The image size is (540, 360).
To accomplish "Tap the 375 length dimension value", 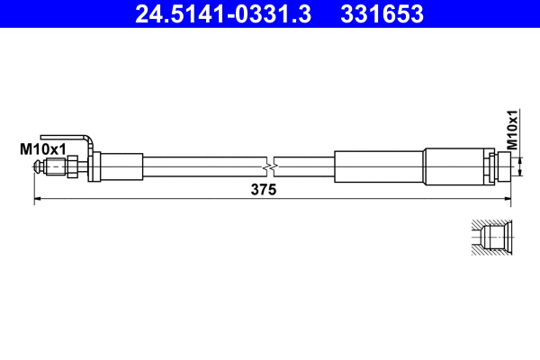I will [x=263, y=190].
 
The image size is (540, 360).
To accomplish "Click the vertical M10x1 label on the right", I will [x=511, y=130].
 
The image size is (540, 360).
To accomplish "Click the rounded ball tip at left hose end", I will [x=38, y=166].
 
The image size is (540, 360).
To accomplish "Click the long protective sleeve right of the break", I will [x=378, y=166].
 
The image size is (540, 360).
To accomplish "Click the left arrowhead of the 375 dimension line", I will [x=38, y=199].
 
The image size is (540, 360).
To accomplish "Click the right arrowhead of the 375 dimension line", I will [x=508, y=199].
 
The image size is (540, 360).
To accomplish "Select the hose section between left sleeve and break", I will [x=202, y=166].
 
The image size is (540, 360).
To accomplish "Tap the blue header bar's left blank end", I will [x=54, y=13].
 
